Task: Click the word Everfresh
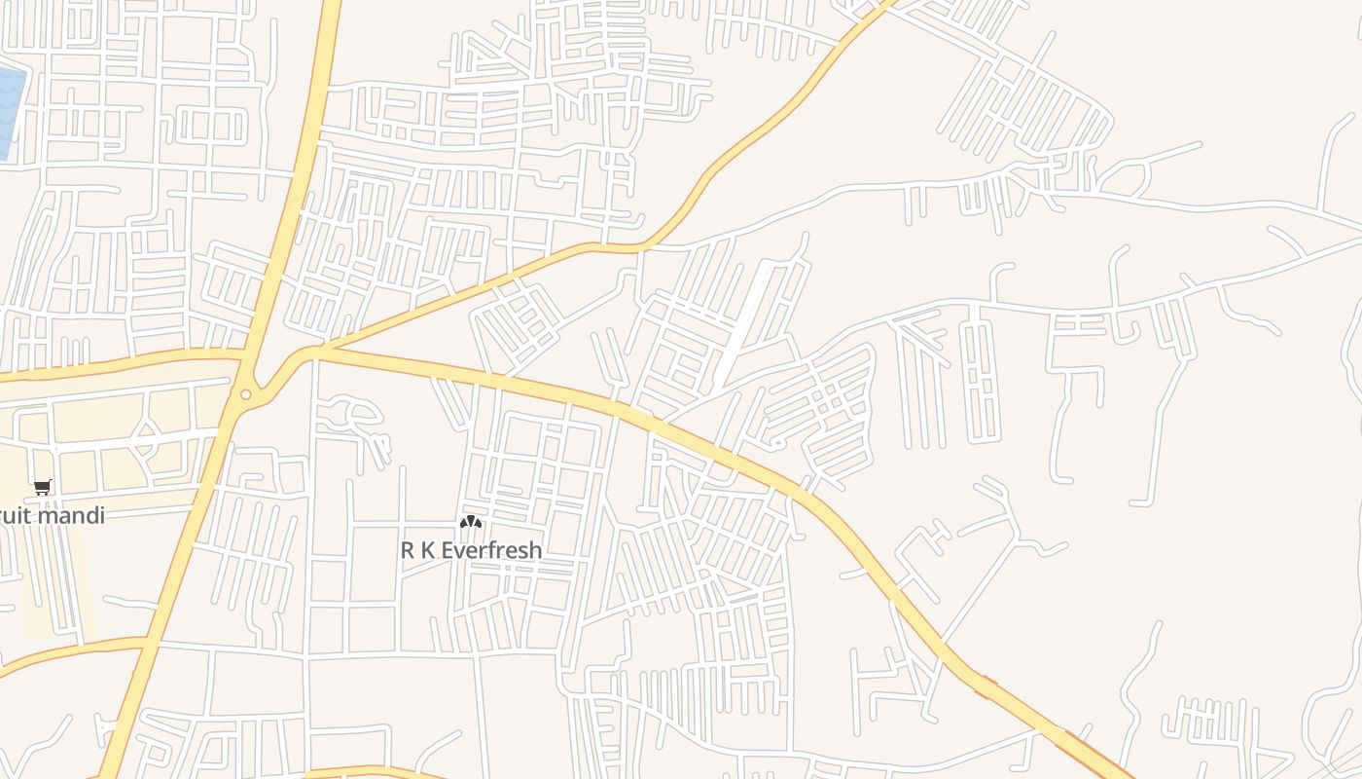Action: (x=491, y=550)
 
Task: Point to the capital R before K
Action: (x=408, y=550)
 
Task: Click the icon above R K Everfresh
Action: (x=471, y=523)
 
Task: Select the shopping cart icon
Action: (x=42, y=487)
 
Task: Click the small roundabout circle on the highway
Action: (x=245, y=394)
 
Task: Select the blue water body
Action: (x=10, y=112)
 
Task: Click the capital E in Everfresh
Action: (x=448, y=550)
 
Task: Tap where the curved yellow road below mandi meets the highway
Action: (x=146, y=642)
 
